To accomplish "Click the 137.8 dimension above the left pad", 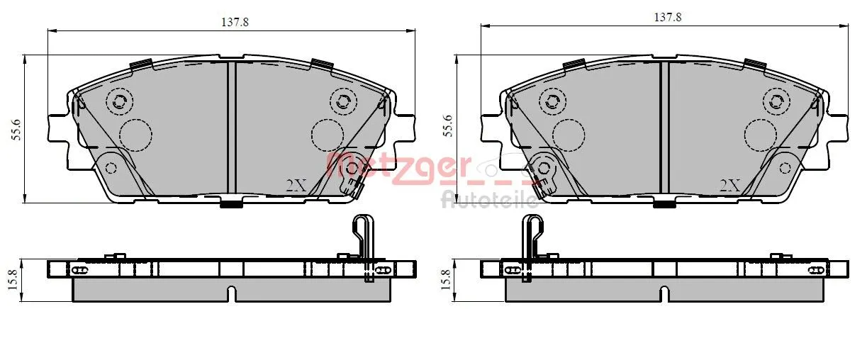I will [235, 22].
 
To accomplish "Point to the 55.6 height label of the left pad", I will [17, 130].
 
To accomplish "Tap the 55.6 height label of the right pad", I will [447, 126].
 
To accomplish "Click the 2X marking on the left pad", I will [295, 186].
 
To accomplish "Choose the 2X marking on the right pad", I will [729, 186].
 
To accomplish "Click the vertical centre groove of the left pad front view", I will [230, 128].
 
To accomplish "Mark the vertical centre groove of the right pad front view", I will [664, 128].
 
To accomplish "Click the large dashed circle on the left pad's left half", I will [135, 135].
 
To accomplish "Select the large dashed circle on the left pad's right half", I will [328, 135].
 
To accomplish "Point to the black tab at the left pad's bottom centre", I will [230, 204].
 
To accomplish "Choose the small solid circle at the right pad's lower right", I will [785, 168].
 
